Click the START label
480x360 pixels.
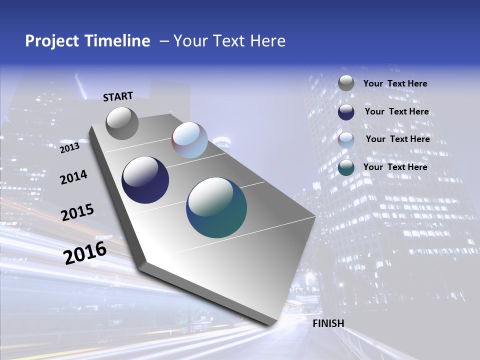click(x=118, y=96)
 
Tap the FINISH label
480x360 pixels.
click(x=328, y=323)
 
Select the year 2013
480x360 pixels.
click(x=69, y=148)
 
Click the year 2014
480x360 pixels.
click(x=73, y=177)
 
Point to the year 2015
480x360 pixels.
click(x=77, y=212)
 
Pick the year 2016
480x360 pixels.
click(x=85, y=253)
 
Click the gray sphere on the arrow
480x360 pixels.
click(x=122, y=123)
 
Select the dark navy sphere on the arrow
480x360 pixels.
click(x=145, y=180)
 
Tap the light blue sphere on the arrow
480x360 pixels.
click(x=189, y=140)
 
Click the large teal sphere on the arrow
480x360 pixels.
click(x=216, y=207)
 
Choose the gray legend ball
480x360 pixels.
click(x=346, y=83)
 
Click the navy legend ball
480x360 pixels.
click(x=346, y=112)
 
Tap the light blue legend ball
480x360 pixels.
click(x=346, y=140)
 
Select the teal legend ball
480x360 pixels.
click(x=346, y=167)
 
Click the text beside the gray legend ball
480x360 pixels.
click(x=395, y=84)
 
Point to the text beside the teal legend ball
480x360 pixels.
click(x=395, y=167)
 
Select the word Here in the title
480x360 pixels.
click(x=267, y=41)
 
